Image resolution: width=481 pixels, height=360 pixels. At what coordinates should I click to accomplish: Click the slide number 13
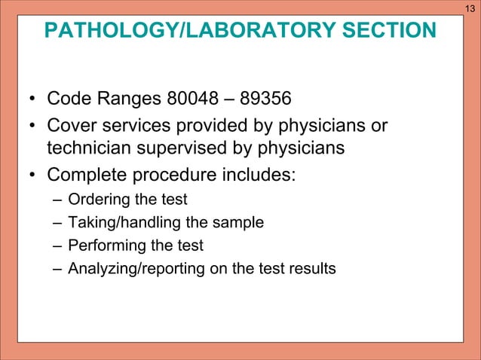tap(469, 8)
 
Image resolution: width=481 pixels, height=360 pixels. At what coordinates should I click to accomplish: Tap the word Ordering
tap(96, 200)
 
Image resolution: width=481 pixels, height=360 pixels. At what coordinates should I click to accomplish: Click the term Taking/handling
tap(118, 223)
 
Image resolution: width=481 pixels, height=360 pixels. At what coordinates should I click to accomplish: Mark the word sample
tap(240, 223)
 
